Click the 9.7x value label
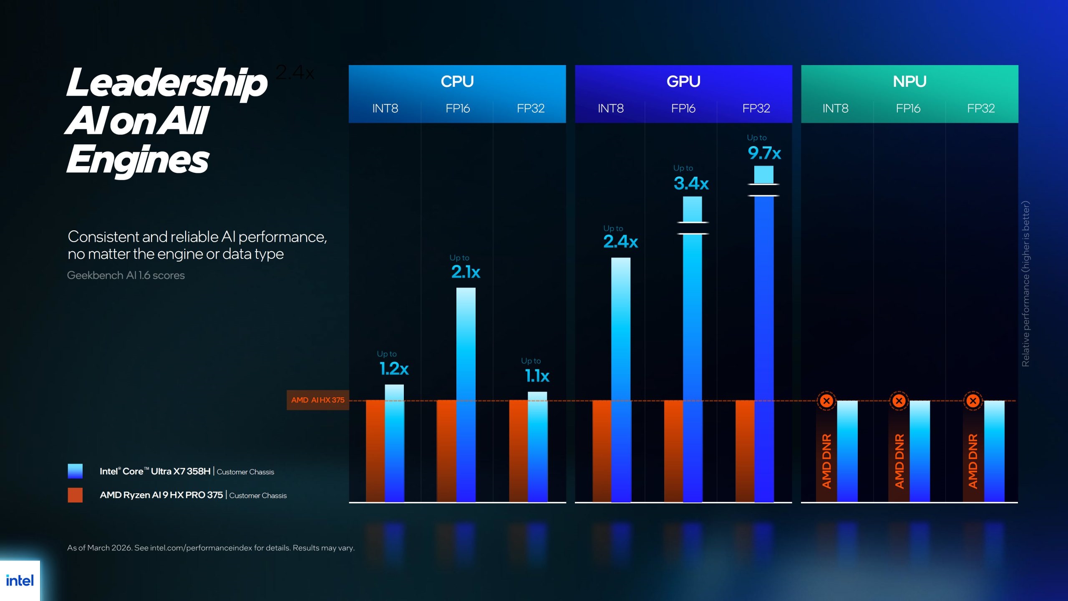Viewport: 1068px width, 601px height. (764, 153)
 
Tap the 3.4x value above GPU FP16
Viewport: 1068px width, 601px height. (691, 183)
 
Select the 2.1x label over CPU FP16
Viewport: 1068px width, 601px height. (466, 272)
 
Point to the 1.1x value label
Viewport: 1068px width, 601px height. (537, 376)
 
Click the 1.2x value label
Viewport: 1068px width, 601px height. (394, 369)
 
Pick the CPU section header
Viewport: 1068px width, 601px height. (457, 81)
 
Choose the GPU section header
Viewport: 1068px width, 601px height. (683, 81)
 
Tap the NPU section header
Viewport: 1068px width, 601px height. (909, 81)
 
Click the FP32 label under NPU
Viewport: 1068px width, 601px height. (981, 109)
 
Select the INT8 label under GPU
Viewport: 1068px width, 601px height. (611, 109)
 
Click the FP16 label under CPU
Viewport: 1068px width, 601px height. (458, 109)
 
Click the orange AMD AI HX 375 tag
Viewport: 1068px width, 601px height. (317, 400)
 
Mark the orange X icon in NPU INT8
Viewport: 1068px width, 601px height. (826, 401)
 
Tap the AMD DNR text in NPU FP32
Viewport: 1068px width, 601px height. (973, 461)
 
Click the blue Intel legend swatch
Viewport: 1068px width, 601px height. (75, 471)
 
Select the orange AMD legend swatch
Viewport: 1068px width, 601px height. (75, 495)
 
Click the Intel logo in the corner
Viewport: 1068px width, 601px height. (20, 581)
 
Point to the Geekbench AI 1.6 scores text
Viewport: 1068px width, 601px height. (126, 275)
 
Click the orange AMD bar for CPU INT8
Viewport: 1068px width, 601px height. (375, 451)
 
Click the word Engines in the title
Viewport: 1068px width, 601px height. (138, 160)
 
